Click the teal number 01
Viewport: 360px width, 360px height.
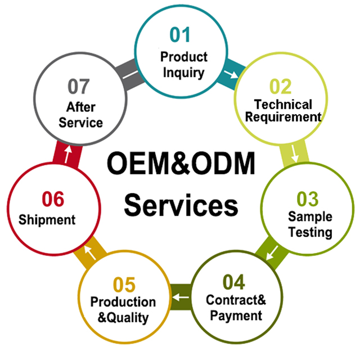pos(180,35)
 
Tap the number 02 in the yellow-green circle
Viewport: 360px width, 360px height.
pos(280,87)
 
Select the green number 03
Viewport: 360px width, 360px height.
pos(308,199)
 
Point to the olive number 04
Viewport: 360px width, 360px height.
pos(234,282)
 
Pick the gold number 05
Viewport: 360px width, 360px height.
pos(124,285)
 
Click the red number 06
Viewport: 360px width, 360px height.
pos(53,199)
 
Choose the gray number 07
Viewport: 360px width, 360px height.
pos(79,87)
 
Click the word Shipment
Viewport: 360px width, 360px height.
pos(47,220)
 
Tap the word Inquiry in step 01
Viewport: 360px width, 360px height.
pos(183,73)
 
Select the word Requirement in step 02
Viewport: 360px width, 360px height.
pos(283,117)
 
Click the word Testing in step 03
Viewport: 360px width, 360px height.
pos(310,232)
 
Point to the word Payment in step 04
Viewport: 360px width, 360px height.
pos(236,316)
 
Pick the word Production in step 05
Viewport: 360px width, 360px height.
pos(123,301)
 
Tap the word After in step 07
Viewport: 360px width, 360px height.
pos(81,107)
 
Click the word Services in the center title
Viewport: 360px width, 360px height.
pos(181,205)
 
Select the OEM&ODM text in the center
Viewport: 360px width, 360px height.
pos(181,163)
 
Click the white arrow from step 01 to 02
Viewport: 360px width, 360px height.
pos(231,74)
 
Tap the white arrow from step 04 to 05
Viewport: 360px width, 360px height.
pos(181,298)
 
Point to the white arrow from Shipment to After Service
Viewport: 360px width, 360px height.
pos(67,154)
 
